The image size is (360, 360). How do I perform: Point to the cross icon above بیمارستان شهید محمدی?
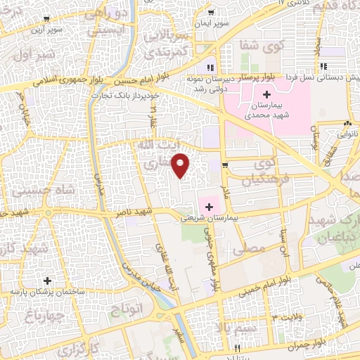coord(266,94)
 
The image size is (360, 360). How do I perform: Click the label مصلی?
coord(252,250)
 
